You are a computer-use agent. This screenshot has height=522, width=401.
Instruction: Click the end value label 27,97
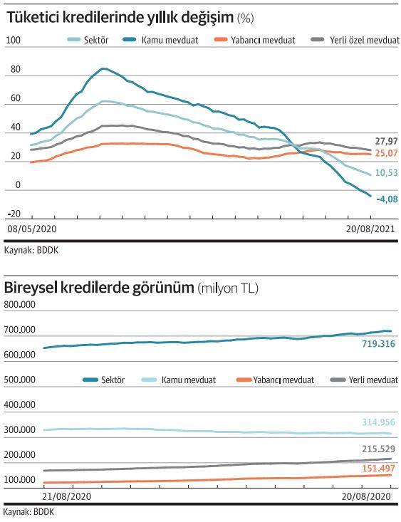tap(386, 141)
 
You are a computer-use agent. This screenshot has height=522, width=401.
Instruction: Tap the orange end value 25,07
tap(386, 153)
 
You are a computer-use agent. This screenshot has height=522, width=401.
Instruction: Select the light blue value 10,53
tap(386, 172)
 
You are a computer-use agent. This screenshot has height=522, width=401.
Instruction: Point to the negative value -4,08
tap(387, 199)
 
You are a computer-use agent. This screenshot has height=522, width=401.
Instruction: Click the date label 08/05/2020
tap(32, 229)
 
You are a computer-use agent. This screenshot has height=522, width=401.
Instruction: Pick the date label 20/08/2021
tap(370, 229)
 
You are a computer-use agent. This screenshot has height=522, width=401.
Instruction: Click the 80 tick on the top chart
tap(16, 69)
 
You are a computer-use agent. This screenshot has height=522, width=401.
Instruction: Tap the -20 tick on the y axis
tap(14, 214)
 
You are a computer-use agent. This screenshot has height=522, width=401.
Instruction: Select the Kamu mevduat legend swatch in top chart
tap(129, 40)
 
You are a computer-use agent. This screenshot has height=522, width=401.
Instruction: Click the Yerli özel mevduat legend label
tap(365, 41)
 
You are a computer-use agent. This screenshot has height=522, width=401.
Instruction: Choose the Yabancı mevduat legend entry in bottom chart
tap(275, 380)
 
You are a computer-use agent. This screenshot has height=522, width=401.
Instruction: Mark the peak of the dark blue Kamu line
tap(103, 68)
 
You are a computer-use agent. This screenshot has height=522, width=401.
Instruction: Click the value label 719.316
tap(378, 344)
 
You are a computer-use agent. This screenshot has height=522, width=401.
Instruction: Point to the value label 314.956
tap(378, 422)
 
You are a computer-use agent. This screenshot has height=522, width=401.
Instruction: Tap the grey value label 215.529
tap(378, 449)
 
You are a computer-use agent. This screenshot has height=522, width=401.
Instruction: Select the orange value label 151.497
tap(378, 469)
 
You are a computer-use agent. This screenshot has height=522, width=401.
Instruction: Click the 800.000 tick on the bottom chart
tap(20, 305)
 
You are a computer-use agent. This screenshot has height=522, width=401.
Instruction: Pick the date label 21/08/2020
tap(67, 496)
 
